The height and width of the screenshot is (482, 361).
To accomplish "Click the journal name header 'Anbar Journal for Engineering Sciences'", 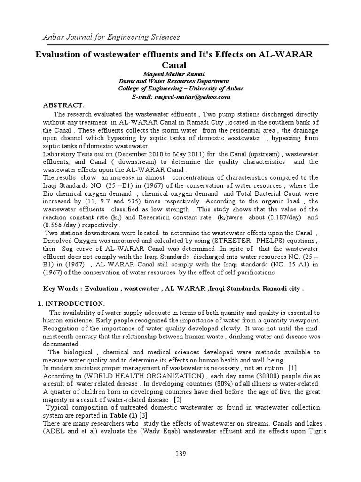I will point(105,37).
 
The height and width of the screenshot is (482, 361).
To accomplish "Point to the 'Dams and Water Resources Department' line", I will point(174,81).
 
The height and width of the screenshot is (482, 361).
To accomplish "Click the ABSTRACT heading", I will point(63,105).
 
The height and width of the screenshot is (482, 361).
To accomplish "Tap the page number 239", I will point(180,454).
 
